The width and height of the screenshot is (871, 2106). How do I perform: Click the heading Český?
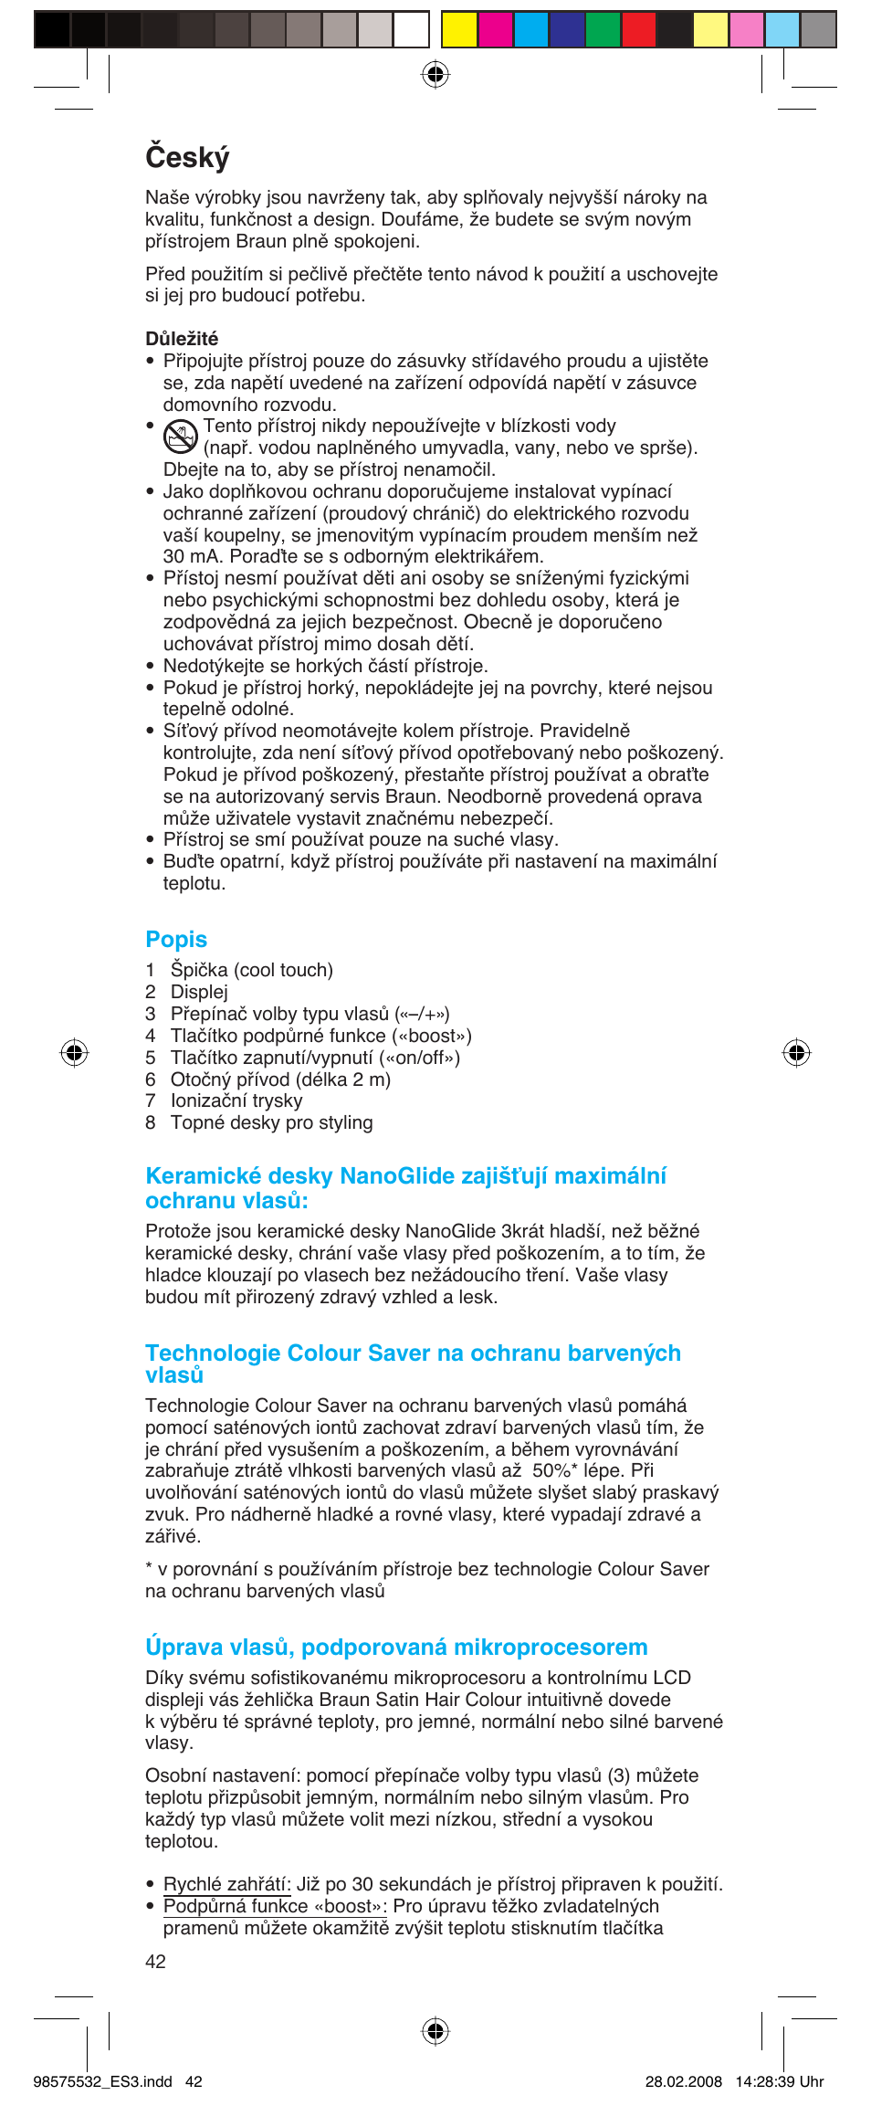tap(187, 157)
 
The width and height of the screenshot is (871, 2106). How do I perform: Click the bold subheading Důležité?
tap(182, 339)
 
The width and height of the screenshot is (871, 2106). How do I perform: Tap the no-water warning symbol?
tap(181, 437)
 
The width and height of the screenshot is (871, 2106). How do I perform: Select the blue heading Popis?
tap(176, 939)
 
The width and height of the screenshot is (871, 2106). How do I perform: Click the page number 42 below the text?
tap(155, 1962)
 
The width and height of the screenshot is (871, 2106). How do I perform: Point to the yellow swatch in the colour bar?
tap(459, 29)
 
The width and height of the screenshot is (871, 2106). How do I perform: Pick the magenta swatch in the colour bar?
tap(495, 29)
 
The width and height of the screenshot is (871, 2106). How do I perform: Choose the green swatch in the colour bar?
tap(603, 29)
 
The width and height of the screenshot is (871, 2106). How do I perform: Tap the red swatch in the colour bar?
tap(638, 29)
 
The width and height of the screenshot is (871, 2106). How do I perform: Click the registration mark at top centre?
tap(435, 74)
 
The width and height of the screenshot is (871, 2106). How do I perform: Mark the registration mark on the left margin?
tap(74, 1053)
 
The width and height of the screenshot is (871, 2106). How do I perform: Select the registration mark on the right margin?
tap(796, 1053)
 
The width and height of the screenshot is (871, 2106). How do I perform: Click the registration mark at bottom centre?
tap(435, 2031)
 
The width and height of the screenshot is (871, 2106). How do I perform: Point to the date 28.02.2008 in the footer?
tap(683, 2081)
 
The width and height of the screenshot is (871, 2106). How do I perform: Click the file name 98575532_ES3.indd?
tap(102, 2081)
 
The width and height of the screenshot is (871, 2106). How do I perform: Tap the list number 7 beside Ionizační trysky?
tap(151, 1101)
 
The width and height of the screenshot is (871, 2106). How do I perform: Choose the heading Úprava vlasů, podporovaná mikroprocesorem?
tap(396, 1647)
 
